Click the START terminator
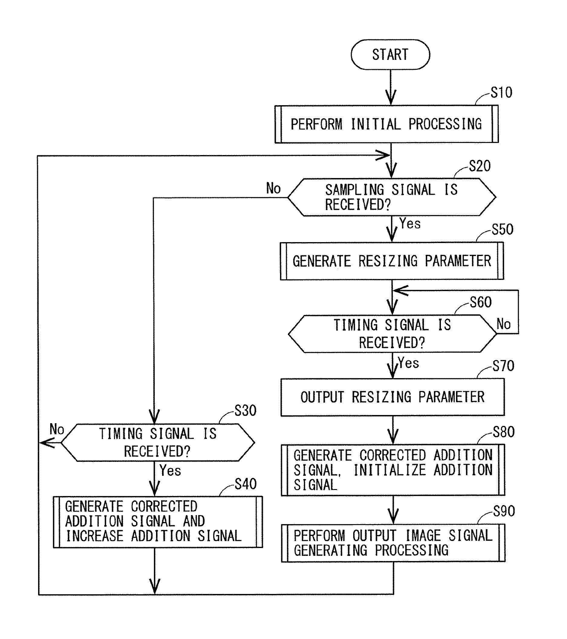tap(390, 54)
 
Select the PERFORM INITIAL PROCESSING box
tap(386, 124)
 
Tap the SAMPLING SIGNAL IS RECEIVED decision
tap(392, 197)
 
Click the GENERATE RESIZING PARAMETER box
tap(392, 261)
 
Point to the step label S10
tap(501, 92)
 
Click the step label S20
tap(480, 166)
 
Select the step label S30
tap(246, 410)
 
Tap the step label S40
tap(246, 484)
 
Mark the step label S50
tap(503, 229)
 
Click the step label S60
tap(481, 302)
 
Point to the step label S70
tap(503, 366)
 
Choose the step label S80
tap(504, 432)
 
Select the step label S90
tap(504, 511)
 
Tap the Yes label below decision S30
tap(170, 471)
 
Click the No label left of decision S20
tap(273, 188)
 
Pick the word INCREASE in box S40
tap(95, 536)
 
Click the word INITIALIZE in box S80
tap(390, 470)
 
